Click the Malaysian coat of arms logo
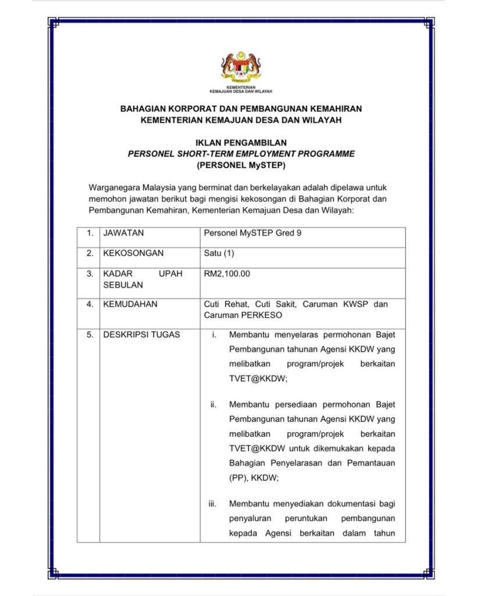240,66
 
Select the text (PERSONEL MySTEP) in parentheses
240,165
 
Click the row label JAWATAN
123,233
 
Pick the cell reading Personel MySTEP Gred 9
252,233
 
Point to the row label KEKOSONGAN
133,253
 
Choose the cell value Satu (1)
219,253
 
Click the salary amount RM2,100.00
227,274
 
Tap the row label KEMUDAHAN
130,304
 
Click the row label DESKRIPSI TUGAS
141,335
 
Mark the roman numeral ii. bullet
213,404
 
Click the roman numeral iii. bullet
213,504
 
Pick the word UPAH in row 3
170,274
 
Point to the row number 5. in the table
90,335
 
